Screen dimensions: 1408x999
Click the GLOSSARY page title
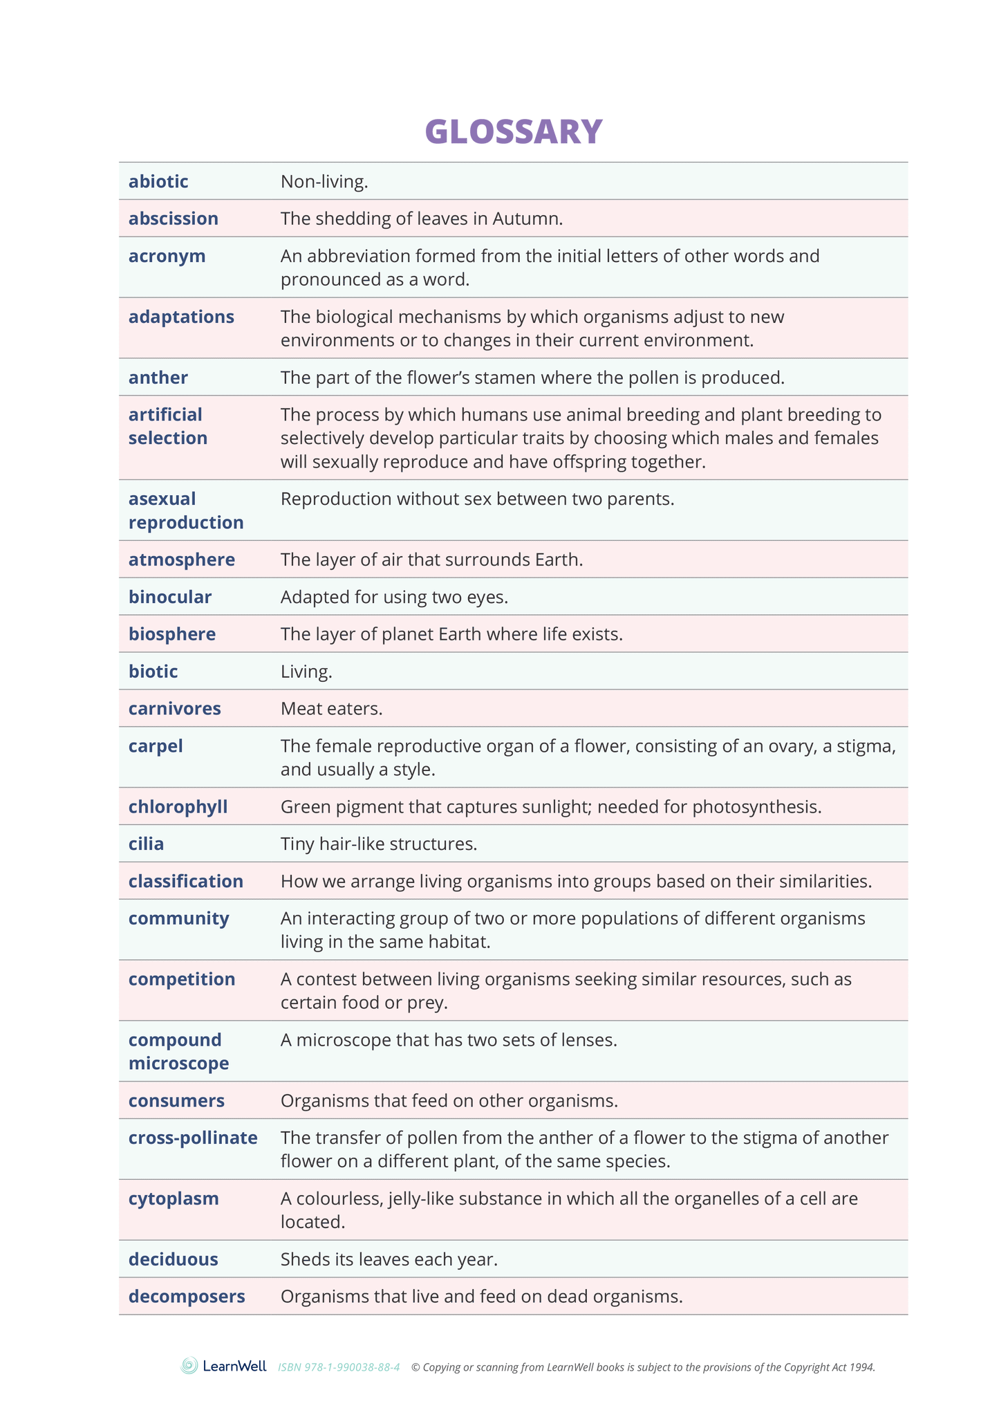tap(513, 131)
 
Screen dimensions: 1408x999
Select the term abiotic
tap(158, 182)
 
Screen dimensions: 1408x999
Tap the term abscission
tap(173, 219)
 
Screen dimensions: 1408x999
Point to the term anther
tap(158, 378)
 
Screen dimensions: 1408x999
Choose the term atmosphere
tap(181, 559)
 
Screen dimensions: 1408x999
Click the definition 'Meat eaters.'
tap(331, 709)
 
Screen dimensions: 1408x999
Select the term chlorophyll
tap(178, 807)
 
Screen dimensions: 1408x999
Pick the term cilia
tap(146, 844)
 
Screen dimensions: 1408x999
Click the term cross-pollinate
tap(193, 1138)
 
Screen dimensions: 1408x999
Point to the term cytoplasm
tap(174, 1198)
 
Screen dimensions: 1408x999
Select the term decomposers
tap(187, 1297)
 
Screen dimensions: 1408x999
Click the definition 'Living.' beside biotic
tap(306, 671)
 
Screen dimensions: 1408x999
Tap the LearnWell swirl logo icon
tap(189, 1366)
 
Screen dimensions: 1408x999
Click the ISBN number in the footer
tap(339, 1367)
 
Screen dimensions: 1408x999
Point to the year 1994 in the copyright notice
tap(862, 1367)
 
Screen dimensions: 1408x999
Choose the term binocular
tap(169, 597)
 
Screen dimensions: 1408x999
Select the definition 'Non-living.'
tap(324, 182)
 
